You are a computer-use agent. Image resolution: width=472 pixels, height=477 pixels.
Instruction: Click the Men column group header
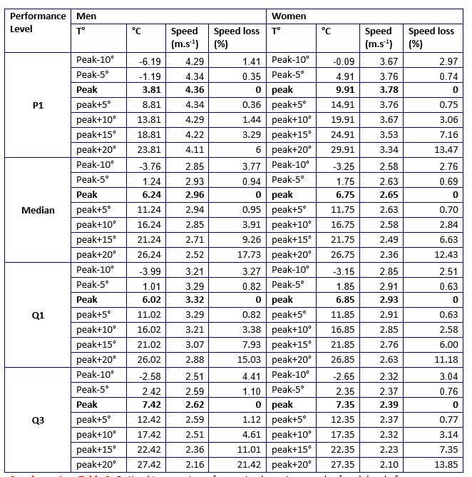[x=86, y=16]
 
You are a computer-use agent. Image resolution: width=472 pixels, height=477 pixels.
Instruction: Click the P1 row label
[x=39, y=105]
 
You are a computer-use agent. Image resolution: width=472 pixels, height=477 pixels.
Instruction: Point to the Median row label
[x=39, y=210]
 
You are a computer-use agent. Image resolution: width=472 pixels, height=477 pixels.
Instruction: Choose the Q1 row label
[x=39, y=315]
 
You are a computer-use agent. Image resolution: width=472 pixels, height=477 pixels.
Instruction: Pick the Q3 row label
[x=39, y=420]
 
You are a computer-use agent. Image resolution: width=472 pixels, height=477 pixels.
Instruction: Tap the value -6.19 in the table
[x=150, y=61]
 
